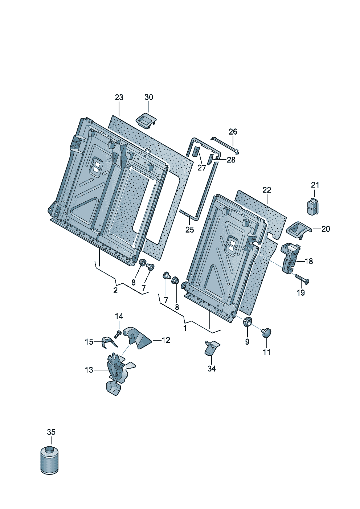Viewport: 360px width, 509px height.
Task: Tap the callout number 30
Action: [149, 97]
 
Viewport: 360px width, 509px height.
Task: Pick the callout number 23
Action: [119, 97]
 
